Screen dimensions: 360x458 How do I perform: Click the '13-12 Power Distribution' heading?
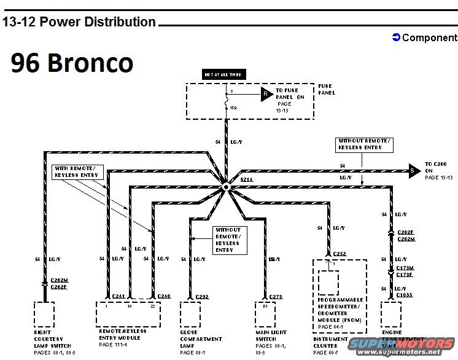click(79, 22)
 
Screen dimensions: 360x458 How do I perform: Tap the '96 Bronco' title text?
click(71, 63)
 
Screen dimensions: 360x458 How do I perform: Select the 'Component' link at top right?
click(425, 37)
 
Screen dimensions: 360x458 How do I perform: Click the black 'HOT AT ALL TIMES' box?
click(223, 75)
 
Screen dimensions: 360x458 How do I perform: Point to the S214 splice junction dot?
click(226, 186)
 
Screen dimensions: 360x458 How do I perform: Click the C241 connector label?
click(118, 296)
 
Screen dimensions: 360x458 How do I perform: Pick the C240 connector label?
click(163, 296)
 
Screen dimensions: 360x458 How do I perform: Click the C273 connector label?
click(275, 297)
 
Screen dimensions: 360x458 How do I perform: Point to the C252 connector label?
click(341, 253)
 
